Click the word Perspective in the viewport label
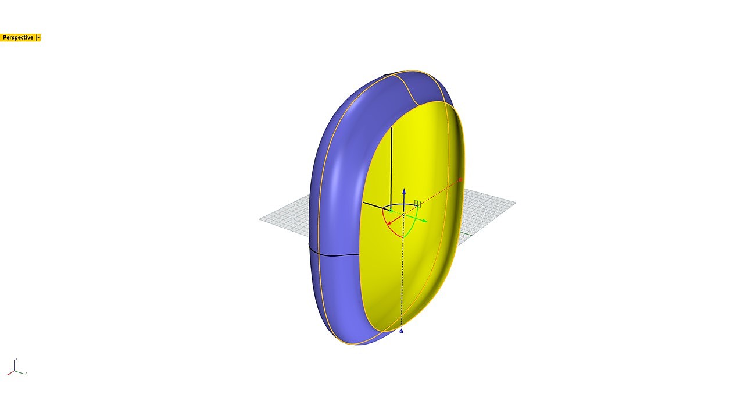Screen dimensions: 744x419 coord(18,38)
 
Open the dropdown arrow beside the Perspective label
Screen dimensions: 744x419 coord(38,38)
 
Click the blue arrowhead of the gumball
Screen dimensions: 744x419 coord(404,191)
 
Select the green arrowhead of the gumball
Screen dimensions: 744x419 coord(425,221)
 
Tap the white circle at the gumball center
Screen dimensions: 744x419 coord(403,215)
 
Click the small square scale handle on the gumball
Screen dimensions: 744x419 coord(417,204)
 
